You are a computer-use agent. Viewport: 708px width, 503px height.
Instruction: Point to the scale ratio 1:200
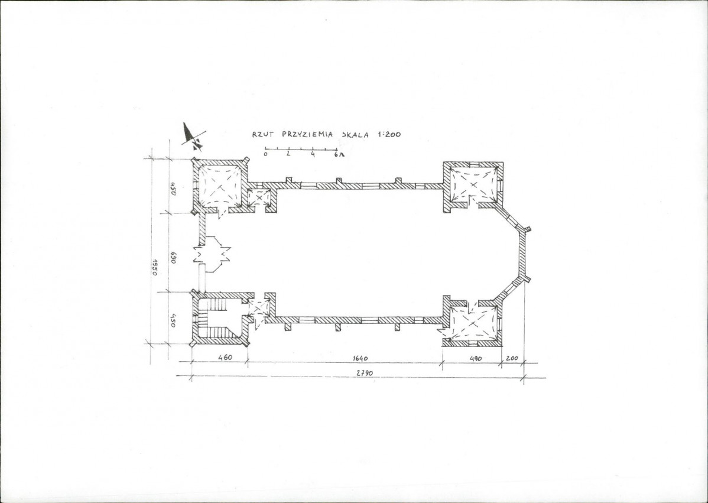tap(388, 134)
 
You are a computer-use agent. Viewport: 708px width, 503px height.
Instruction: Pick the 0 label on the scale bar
tap(265, 154)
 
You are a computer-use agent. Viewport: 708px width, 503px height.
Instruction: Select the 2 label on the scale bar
tap(288, 154)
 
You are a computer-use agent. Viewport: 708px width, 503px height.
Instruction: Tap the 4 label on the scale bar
tap(313, 154)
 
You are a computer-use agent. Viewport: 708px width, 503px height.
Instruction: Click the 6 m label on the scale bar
tap(339, 154)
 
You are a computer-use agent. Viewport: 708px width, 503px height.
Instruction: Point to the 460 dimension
tap(225, 358)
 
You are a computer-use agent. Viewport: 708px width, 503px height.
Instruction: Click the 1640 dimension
tap(360, 359)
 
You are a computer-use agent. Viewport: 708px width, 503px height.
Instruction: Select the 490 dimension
tap(476, 359)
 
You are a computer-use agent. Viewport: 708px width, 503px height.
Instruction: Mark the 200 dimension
tap(512, 358)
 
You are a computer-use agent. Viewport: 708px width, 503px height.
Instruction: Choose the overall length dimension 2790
tap(365, 373)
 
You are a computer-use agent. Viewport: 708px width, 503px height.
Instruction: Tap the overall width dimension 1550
tap(155, 267)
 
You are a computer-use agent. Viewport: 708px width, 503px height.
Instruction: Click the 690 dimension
tap(173, 258)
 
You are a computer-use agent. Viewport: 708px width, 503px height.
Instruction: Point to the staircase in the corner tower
tap(217, 319)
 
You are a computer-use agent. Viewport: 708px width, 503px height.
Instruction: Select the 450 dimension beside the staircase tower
tap(173, 322)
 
